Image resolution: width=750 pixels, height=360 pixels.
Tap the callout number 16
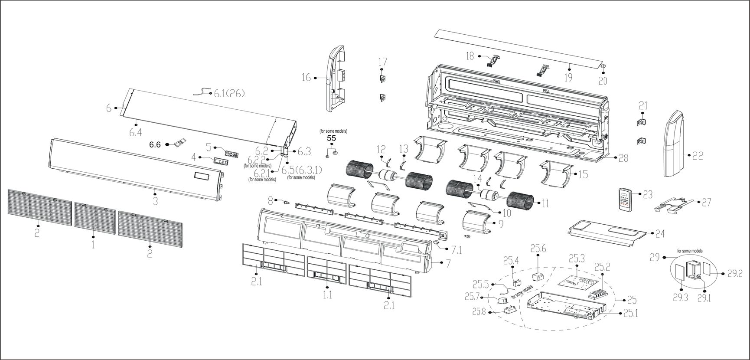click(x=307, y=77)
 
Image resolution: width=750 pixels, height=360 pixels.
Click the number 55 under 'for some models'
click(x=332, y=138)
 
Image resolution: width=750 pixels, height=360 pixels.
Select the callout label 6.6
click(x=155, y=144)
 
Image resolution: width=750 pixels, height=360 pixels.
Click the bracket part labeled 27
click(x=674, y=205)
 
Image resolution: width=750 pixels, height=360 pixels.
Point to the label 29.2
click(x=735, y=273)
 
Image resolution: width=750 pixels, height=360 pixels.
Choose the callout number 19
click(x=568, y=78)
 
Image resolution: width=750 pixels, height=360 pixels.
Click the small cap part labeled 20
click(x=603, y=65)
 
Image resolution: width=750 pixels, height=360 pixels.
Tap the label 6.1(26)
click(x=230, y=93)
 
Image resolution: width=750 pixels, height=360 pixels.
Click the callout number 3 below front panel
click(x=155, y=201)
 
